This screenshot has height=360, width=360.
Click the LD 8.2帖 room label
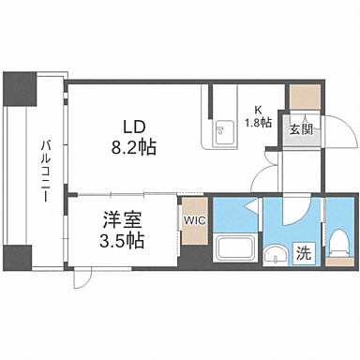[134, 136]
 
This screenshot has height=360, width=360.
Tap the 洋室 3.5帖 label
[122, 231]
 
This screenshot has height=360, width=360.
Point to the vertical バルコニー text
[44, 165]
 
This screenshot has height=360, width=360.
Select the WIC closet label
[194, 220]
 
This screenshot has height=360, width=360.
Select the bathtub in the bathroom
[232, 251]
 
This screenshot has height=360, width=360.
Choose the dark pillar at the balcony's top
[19, 89]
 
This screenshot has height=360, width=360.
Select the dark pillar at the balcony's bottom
[19, 257]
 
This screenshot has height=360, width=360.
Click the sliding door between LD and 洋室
[122, 194]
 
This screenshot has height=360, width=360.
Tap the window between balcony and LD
[65, 141]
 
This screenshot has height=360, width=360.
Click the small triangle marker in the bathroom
[248, 205]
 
